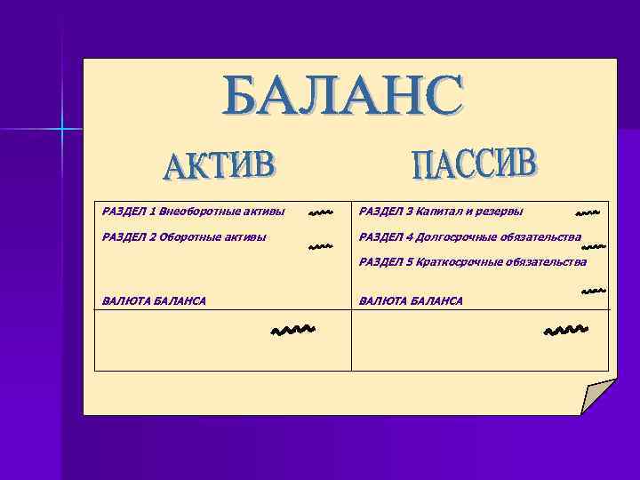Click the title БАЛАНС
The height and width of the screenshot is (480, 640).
coord(343,96)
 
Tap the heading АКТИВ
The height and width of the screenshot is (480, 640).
coord(220,166)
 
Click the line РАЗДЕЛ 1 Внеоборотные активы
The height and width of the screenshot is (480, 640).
coord(194,212)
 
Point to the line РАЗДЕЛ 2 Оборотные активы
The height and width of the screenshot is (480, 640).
coord(185,237)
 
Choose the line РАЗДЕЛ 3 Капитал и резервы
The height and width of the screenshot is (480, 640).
coord(440,212)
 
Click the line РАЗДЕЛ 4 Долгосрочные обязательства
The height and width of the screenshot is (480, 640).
coord(469,237)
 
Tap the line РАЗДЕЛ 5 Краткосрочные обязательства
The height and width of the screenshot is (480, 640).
coord(472,262)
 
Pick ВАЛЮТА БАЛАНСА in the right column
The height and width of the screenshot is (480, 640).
coord(410,301)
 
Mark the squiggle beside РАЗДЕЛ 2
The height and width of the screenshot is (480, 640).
coord(320,246)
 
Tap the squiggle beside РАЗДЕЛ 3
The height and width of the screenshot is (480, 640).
coord(588,213)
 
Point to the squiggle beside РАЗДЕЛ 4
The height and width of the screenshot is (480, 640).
coord(594,244)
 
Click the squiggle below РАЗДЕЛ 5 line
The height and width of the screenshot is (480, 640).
coord(594,291)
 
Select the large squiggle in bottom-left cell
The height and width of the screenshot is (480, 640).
coord(293,332)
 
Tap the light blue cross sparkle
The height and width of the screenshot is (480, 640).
coord(63,130)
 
